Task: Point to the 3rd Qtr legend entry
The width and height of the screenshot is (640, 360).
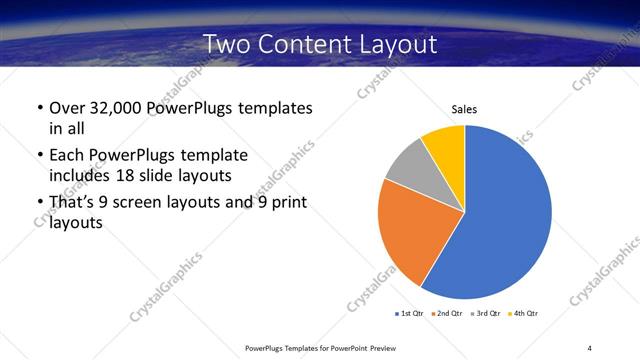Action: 488,314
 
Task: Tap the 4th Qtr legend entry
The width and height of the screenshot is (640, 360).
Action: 527,314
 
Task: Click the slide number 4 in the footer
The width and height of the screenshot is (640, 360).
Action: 589,347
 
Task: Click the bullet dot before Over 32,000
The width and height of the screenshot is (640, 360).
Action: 38,108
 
